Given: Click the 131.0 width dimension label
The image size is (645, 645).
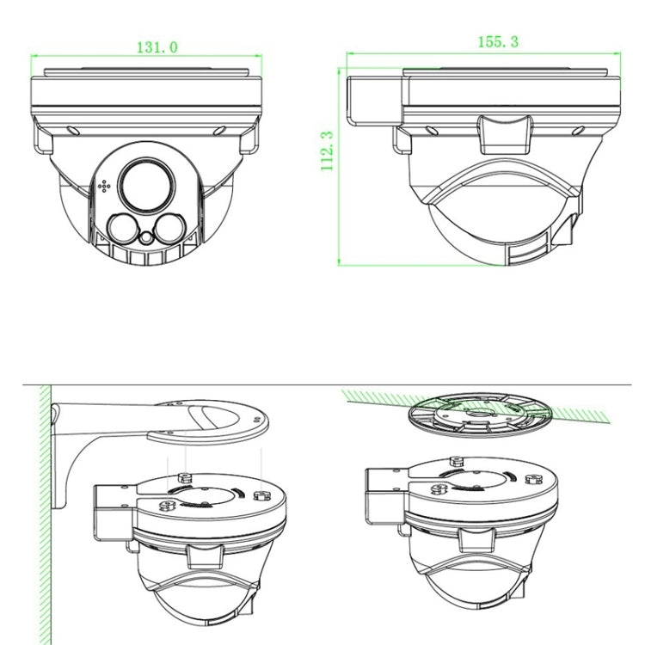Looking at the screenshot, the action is pos(157,47).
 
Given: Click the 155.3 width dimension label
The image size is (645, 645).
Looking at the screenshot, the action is pos(498,41).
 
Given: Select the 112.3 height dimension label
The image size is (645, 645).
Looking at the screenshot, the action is pos(327,150).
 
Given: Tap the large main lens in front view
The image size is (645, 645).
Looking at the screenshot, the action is pos(146,185).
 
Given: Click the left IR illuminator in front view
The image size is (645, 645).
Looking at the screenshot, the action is pos(123,229).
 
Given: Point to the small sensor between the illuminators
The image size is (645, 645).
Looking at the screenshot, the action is pos(146,237).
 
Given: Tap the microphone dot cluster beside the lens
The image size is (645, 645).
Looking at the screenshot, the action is pos(104,186).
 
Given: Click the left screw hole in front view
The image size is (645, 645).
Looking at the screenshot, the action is pos(73,131).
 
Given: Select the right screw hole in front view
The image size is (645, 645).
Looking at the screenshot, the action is pos(219,131).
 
